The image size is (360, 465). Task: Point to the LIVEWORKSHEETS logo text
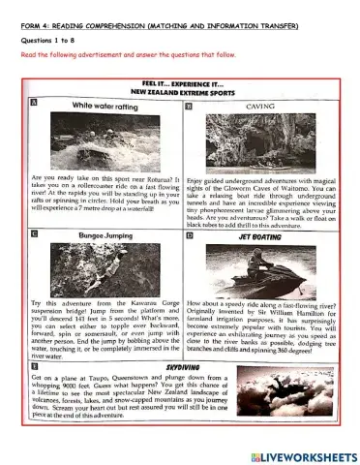click(x=308, y=454)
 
